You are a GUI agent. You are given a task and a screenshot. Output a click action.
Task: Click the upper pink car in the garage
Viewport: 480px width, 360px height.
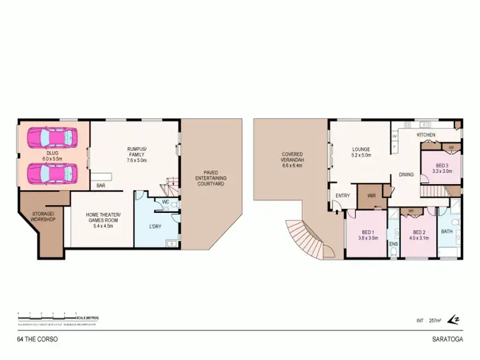(x=52, y=137)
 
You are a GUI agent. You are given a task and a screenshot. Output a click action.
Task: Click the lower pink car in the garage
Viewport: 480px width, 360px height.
(x=52, y=173)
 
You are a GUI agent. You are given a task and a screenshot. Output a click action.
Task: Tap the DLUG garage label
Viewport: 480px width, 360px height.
(x=51, y=155)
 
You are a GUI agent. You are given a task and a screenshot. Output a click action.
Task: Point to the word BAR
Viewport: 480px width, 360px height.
(x=101, y=186)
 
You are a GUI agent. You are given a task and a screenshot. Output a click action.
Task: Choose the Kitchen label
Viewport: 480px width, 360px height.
(x=427, y=136)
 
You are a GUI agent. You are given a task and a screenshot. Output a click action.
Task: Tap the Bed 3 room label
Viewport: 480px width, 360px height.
(x=442, y=168)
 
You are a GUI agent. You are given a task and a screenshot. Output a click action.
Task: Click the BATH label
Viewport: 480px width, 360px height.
(x=447, y=231)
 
